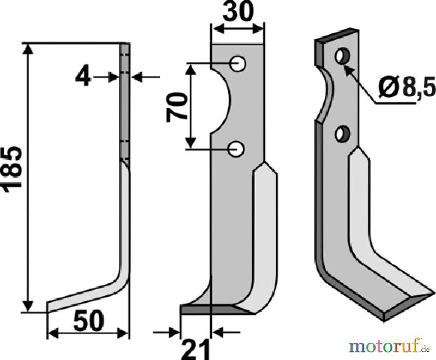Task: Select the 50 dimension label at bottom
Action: tap(88, 321)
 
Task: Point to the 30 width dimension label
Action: tap(239, 12)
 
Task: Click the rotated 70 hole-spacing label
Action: tap(176, 107)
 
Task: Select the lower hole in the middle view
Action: tap(236, 149)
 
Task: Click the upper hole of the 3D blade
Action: tap(343, 56)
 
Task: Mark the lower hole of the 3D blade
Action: tap(342, 133)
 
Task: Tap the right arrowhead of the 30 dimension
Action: tap(257, 29)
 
